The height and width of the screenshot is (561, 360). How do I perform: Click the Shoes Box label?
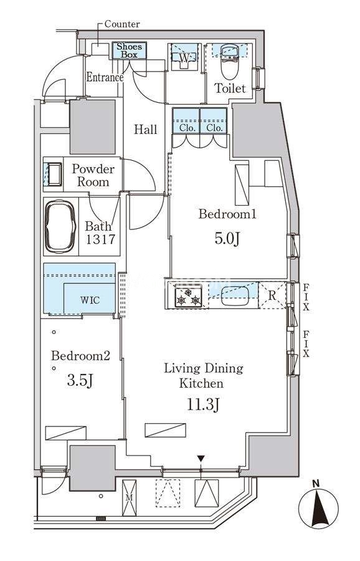pos(130,50)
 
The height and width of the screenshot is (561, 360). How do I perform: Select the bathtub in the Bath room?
pos(60,226)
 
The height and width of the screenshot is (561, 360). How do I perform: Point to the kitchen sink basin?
pos(235,296)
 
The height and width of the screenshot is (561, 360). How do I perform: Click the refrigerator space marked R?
pos(272,295)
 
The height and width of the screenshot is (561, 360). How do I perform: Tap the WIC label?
pos(90,300)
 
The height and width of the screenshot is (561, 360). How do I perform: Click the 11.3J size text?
pos(202,405)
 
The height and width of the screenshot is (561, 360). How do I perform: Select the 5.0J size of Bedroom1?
pos(227,238)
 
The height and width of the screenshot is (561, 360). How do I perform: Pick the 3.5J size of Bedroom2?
pos(80,381)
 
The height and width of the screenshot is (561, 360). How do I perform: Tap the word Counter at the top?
pos(122,24)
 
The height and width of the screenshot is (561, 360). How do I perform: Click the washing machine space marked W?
pos(184,57)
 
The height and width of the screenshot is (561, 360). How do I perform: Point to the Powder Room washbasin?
pos(55,175)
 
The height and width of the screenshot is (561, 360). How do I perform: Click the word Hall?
pos(146,129)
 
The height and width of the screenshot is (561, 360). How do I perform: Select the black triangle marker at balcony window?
pos(201,459)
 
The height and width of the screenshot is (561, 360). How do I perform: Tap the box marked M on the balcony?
pos(129,497)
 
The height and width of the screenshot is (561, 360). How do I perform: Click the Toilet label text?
pos(230,89)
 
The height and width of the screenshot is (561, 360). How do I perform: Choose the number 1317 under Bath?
pos(100,239)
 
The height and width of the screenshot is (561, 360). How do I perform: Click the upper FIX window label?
pos(306,297)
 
